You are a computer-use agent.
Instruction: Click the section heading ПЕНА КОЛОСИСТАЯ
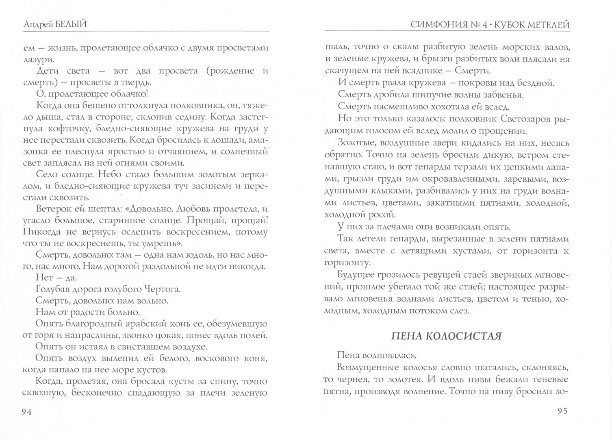(x=446, y=336)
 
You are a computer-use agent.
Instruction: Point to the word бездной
(x=537, y=83)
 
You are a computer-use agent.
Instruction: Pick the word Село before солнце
(x=46, y=175)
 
